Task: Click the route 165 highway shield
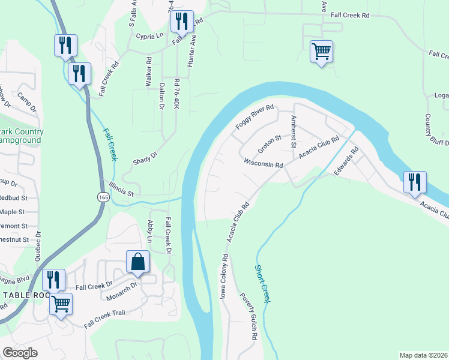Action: coord(102,197)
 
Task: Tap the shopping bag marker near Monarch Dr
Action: coord(137,262)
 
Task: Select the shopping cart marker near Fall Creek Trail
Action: coord(61,304)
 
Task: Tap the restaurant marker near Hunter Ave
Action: coord(181,22)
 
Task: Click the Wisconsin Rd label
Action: coord(263,163)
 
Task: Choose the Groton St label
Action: coord(270,143)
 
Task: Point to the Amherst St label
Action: coord(294,131)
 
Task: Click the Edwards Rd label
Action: coord(346,161)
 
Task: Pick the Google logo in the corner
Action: coord(20,353)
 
